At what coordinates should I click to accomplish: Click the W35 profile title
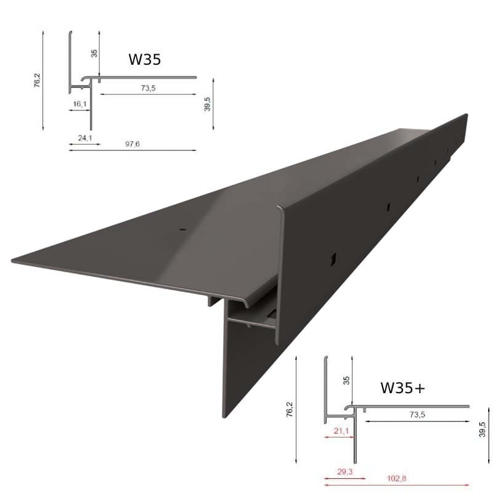145,59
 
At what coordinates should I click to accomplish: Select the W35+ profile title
402,388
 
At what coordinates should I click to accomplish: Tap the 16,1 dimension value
79,104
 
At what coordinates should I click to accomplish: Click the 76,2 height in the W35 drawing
36,81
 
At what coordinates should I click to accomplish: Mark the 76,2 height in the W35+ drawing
290,410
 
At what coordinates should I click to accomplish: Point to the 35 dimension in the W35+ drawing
346,380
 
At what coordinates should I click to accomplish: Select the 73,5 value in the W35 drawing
147,88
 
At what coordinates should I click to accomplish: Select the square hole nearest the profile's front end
332,258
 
